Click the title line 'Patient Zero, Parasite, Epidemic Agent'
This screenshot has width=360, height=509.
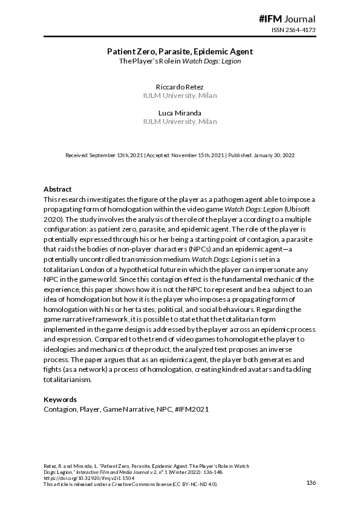(x=180, y=52)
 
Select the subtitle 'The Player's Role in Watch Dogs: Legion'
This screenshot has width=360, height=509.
(x=180, y=62)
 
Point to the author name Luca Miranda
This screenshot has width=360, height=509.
(x=180, y=113)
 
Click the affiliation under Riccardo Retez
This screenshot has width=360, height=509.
(x=180, y=96)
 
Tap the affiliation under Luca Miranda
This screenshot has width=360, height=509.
(x=180, y=122)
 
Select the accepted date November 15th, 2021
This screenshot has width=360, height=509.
(x=194, y=155)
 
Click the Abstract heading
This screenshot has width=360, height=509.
(x=58, y=189)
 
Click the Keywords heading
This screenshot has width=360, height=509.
(x=61, y=400)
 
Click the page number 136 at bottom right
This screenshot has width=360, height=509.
(x=312, y=482)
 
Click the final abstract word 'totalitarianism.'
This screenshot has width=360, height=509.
(x=68, y=380)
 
